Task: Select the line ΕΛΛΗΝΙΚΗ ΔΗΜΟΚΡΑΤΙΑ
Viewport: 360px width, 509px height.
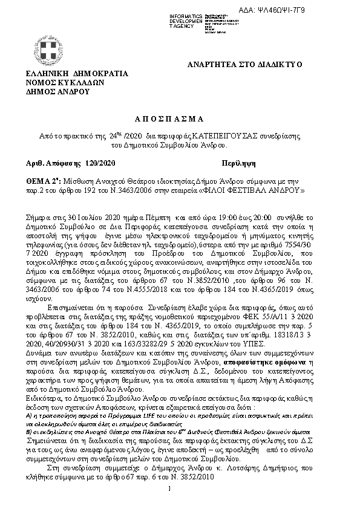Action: coord(77,74)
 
